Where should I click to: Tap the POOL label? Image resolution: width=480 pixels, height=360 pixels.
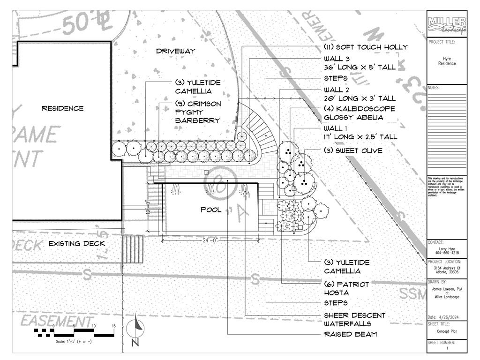[211, 210]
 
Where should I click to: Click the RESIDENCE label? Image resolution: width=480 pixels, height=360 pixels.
[63, 108]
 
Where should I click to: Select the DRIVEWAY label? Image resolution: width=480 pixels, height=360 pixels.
[175, 51]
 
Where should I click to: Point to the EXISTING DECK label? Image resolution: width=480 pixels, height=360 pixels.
[77, 243]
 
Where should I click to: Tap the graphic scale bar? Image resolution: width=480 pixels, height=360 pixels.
[74, 333]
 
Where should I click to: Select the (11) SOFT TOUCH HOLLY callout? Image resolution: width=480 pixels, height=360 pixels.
[366, 47]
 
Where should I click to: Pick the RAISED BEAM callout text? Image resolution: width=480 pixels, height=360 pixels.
[350, 334]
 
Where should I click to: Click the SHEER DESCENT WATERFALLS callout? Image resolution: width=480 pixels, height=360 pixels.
[354, 319]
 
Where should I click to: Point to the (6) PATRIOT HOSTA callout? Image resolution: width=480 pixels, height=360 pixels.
[346, 288]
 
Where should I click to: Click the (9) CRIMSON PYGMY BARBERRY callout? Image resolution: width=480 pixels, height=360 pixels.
[197, 112]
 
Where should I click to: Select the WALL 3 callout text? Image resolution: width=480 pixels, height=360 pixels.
[360, 63]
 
